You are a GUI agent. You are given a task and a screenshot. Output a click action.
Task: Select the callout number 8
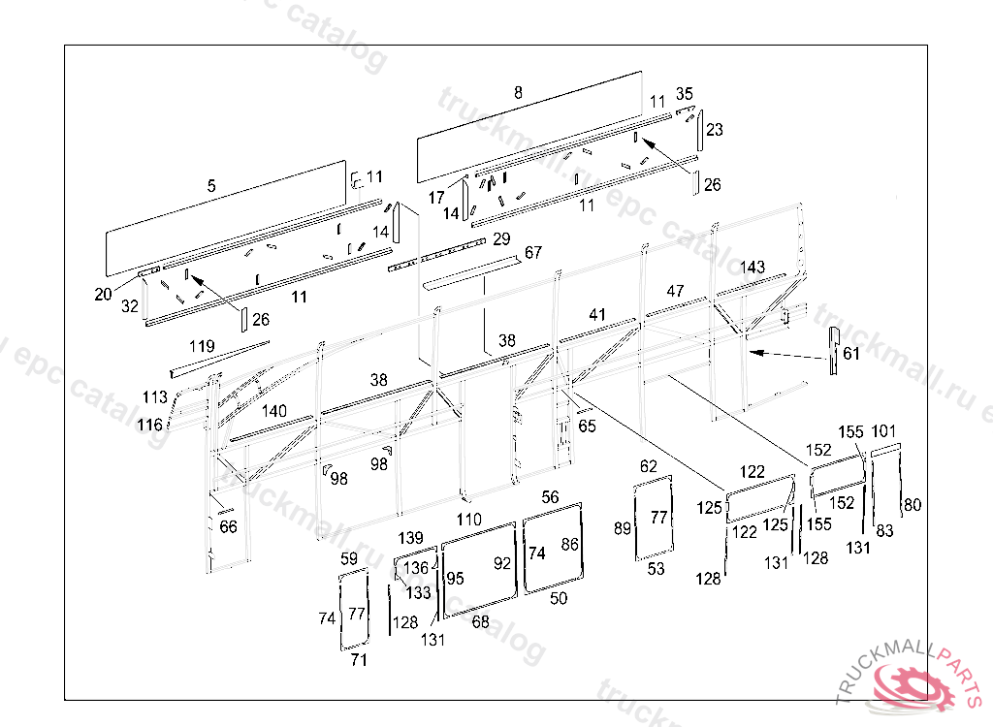tap(518, 93)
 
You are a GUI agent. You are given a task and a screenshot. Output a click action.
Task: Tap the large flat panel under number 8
tap(529, 126)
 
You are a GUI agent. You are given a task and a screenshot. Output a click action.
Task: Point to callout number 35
tap(685, 94)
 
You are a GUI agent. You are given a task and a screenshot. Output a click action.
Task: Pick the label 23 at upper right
tap(714, 129)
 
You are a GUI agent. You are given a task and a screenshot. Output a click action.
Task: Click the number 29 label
tap(501, 238)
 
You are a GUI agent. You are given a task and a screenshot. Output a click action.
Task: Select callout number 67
tap(533, 253)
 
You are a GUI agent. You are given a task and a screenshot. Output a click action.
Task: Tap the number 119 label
tap(202, 346)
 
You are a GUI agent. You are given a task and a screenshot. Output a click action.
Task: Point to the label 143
tap(753, 267)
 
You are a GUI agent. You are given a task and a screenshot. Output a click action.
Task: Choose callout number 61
tap(851, 354)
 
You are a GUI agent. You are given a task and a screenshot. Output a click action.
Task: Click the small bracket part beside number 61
tap(832, 350)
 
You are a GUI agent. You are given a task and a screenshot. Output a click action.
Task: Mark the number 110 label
tap(469, 520)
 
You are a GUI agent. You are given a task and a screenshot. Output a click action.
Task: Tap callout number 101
tap(883, 430)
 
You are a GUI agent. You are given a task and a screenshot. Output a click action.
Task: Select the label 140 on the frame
tap(274, 411)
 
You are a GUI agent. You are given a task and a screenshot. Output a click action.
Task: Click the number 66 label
tap(228, 526)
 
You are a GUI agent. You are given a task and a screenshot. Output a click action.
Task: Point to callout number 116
tap(149, 425)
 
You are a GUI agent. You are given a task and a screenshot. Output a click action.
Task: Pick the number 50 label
tap(559, 599)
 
